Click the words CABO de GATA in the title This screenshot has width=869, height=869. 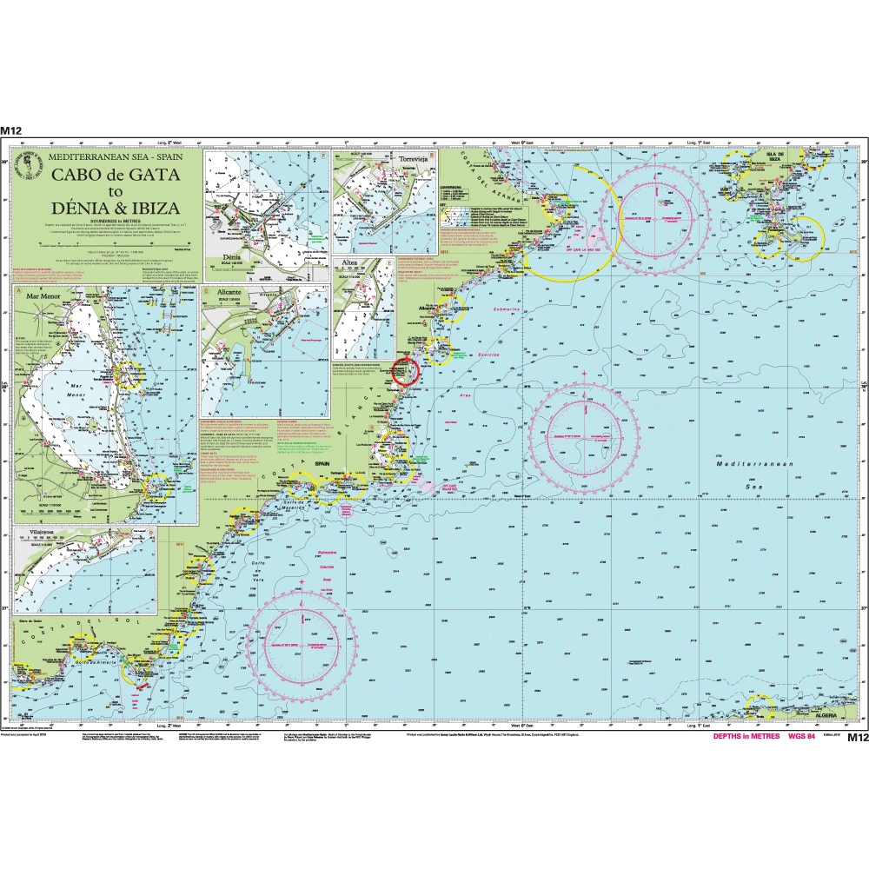point(116,176)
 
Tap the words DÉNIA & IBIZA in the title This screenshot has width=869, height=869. point(116,209)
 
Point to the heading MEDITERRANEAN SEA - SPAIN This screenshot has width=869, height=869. point(115,160)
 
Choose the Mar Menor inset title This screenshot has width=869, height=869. point(46,295)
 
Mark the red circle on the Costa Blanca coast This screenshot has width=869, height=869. point(406,371)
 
